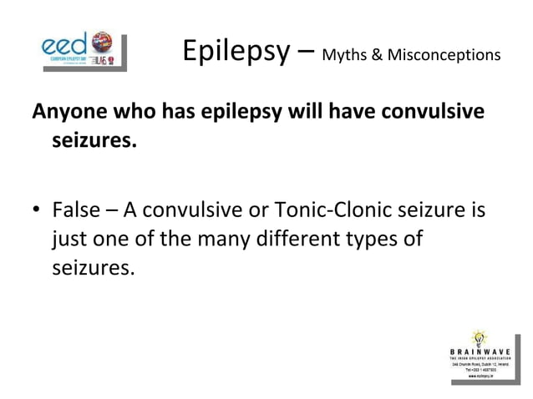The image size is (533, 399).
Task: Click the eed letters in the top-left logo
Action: tap(66, 43)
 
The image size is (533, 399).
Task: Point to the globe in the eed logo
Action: tap(101, 40)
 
